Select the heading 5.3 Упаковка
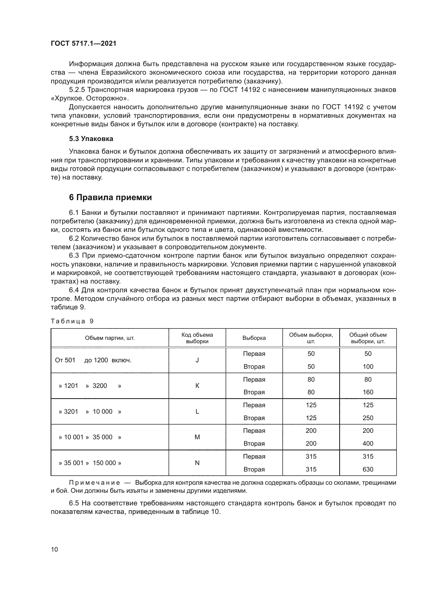click(x=91, y=139)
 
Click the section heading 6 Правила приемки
click(x=110, y=197)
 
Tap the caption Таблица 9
click(x=72, y=321)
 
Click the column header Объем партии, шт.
click(x=110, y=338)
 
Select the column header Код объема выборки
click(x=197, y=338)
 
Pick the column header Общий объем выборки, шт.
click(x=368, y=338)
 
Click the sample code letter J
click(x=197, y=360)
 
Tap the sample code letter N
click(x=197, y=463)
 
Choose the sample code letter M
click(x=197, y=437)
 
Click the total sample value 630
click(x=368, y=469)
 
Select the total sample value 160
click(x=368, y=392)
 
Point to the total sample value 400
click(x=368, y=444)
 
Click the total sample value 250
click(x=368, y=418)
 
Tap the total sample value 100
click(x=368, y=367)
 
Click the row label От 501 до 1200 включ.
click(x=93, y=360)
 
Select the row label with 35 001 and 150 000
click(x=90, y=463)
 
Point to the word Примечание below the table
click(x=94, y=483)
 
